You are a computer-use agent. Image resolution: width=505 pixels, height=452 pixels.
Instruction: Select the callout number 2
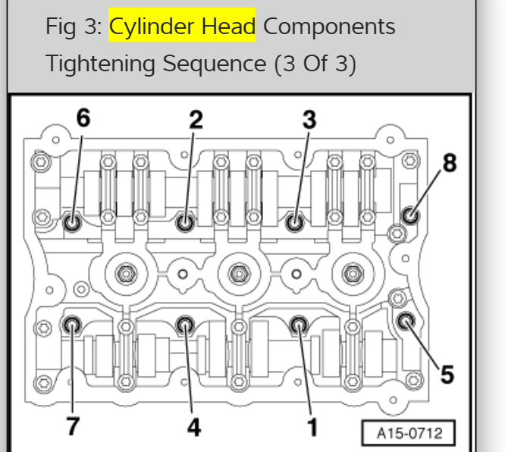[196, 118]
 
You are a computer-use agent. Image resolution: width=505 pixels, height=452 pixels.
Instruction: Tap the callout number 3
[309, 118]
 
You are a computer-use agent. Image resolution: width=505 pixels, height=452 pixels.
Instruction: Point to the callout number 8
[450, 162]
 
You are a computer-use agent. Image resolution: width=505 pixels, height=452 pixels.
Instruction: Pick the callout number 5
[447, 373]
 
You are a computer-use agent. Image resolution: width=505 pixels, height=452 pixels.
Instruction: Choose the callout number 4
[194, 427]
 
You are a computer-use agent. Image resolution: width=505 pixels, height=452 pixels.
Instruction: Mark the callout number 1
[311, 427]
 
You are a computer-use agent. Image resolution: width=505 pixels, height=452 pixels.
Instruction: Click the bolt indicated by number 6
[73, 223]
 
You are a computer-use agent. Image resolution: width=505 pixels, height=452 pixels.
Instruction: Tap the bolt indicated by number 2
[184, 223]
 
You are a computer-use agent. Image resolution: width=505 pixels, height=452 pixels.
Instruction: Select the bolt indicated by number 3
[295, 223]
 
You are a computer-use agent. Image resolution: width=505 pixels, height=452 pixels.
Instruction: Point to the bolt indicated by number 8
[410, 215]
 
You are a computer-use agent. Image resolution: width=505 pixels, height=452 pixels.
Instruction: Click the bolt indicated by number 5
[406, 320]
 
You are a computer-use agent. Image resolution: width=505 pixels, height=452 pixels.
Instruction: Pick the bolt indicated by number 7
[73, 326]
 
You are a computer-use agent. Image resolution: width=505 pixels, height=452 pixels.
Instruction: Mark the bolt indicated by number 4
[184, 326]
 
